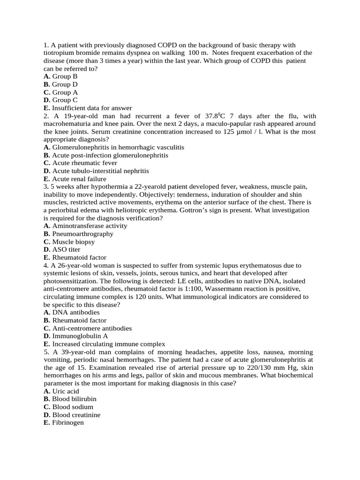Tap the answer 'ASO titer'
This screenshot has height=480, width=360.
tap(66, 250)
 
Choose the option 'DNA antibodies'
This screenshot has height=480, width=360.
tap(75, 312)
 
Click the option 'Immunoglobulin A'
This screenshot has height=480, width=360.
tap(79, 336)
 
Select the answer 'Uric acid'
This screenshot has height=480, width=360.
tap(65, 391)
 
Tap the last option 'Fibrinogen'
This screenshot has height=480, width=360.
tap(68, 423)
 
